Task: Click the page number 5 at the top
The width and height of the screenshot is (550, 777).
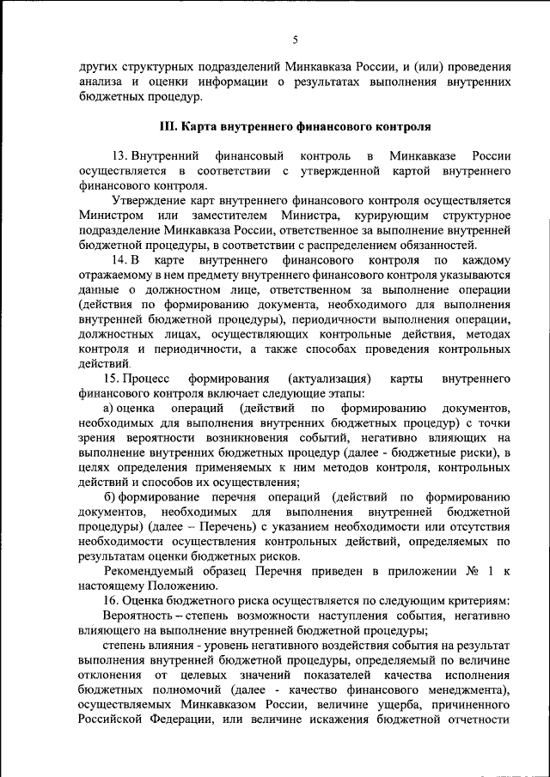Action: (294, 39)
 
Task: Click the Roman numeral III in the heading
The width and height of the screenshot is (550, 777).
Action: (168, 126)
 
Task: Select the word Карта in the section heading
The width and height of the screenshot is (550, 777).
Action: (205, 126)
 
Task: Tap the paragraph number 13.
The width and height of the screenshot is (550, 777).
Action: (119, 156)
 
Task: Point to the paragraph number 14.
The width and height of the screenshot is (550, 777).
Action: (119, 258)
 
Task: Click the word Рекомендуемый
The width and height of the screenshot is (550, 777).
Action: (150, 570)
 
